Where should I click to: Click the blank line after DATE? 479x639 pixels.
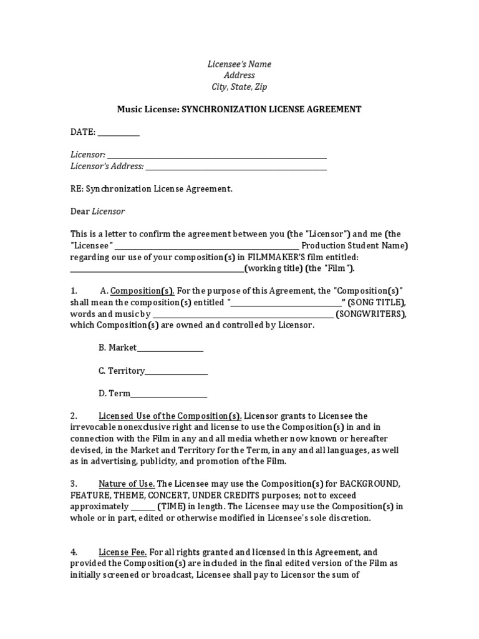point(119,133)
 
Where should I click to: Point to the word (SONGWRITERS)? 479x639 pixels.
point(371,314)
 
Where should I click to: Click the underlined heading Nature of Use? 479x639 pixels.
point(127,484)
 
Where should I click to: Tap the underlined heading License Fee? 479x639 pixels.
point(123,552)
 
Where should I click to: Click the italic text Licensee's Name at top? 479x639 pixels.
point(239,64)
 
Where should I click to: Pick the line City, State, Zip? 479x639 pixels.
point(239,87)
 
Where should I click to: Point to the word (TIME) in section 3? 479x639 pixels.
point(170,506)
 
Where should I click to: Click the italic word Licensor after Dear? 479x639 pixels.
point(109,212)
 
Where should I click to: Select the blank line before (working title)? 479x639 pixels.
point(157,269)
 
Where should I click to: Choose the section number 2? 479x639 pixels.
point(74,416)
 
